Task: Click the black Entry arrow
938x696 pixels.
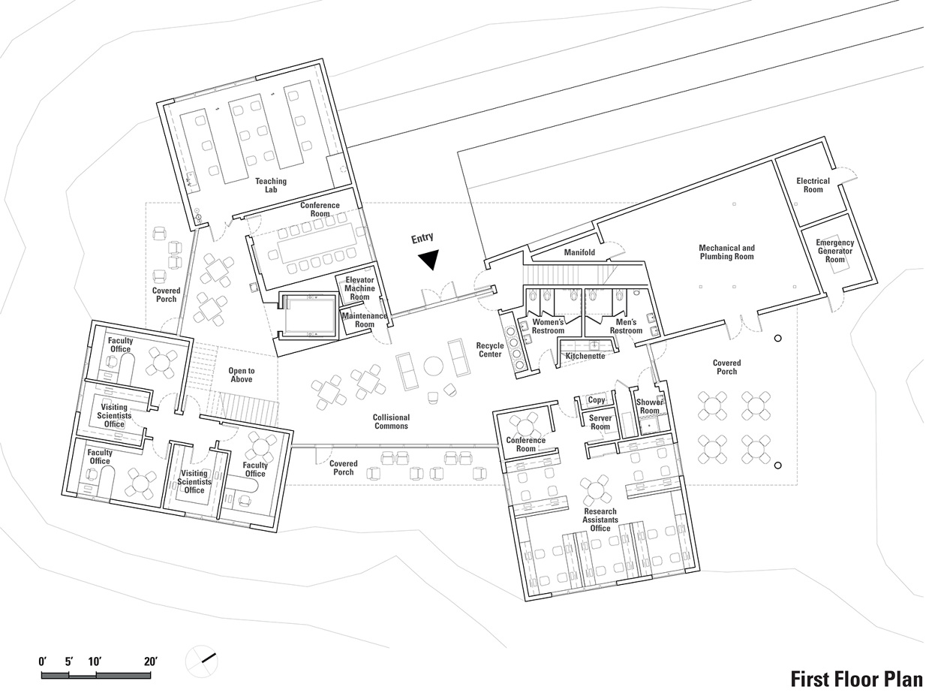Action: click(x=428, y=259)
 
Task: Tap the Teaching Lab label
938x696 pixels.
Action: click(x=270, y=185)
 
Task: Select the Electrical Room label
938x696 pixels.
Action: click(x=813, y=185)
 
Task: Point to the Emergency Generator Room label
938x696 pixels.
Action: click(x=834, y=251)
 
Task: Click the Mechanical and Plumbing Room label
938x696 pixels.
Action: click(x=726, y=252)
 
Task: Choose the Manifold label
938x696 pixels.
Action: click(x=579, y=253)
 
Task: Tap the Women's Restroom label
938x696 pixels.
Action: click(x=548, y=327)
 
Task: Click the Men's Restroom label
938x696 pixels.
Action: click(x=626, y=327)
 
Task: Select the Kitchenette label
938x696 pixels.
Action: click(x=585, y=356)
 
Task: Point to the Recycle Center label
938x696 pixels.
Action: click(x=490, y=350)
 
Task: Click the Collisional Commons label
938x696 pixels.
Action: click(x=391, y=421)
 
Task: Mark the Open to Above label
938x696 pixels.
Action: click(x=241, y=375)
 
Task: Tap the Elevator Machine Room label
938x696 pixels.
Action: click(x=359, y=288)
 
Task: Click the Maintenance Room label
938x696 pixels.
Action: click(x=364, y=320)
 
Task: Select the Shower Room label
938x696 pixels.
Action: click(x=649, y=406)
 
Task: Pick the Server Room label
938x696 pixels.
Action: click(x=600, y=422)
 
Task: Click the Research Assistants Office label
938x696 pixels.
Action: click(x=600, y=520)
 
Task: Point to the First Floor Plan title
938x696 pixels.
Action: click(x=856, y=679)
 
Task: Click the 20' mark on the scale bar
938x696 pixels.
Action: click(x=150, y=662)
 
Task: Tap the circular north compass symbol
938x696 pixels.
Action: click(x=201, y=660)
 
